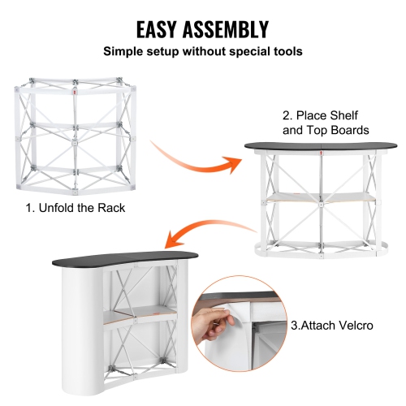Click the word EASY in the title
(166, 30)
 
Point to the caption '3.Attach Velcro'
(331, 325)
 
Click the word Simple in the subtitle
(124, 51)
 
